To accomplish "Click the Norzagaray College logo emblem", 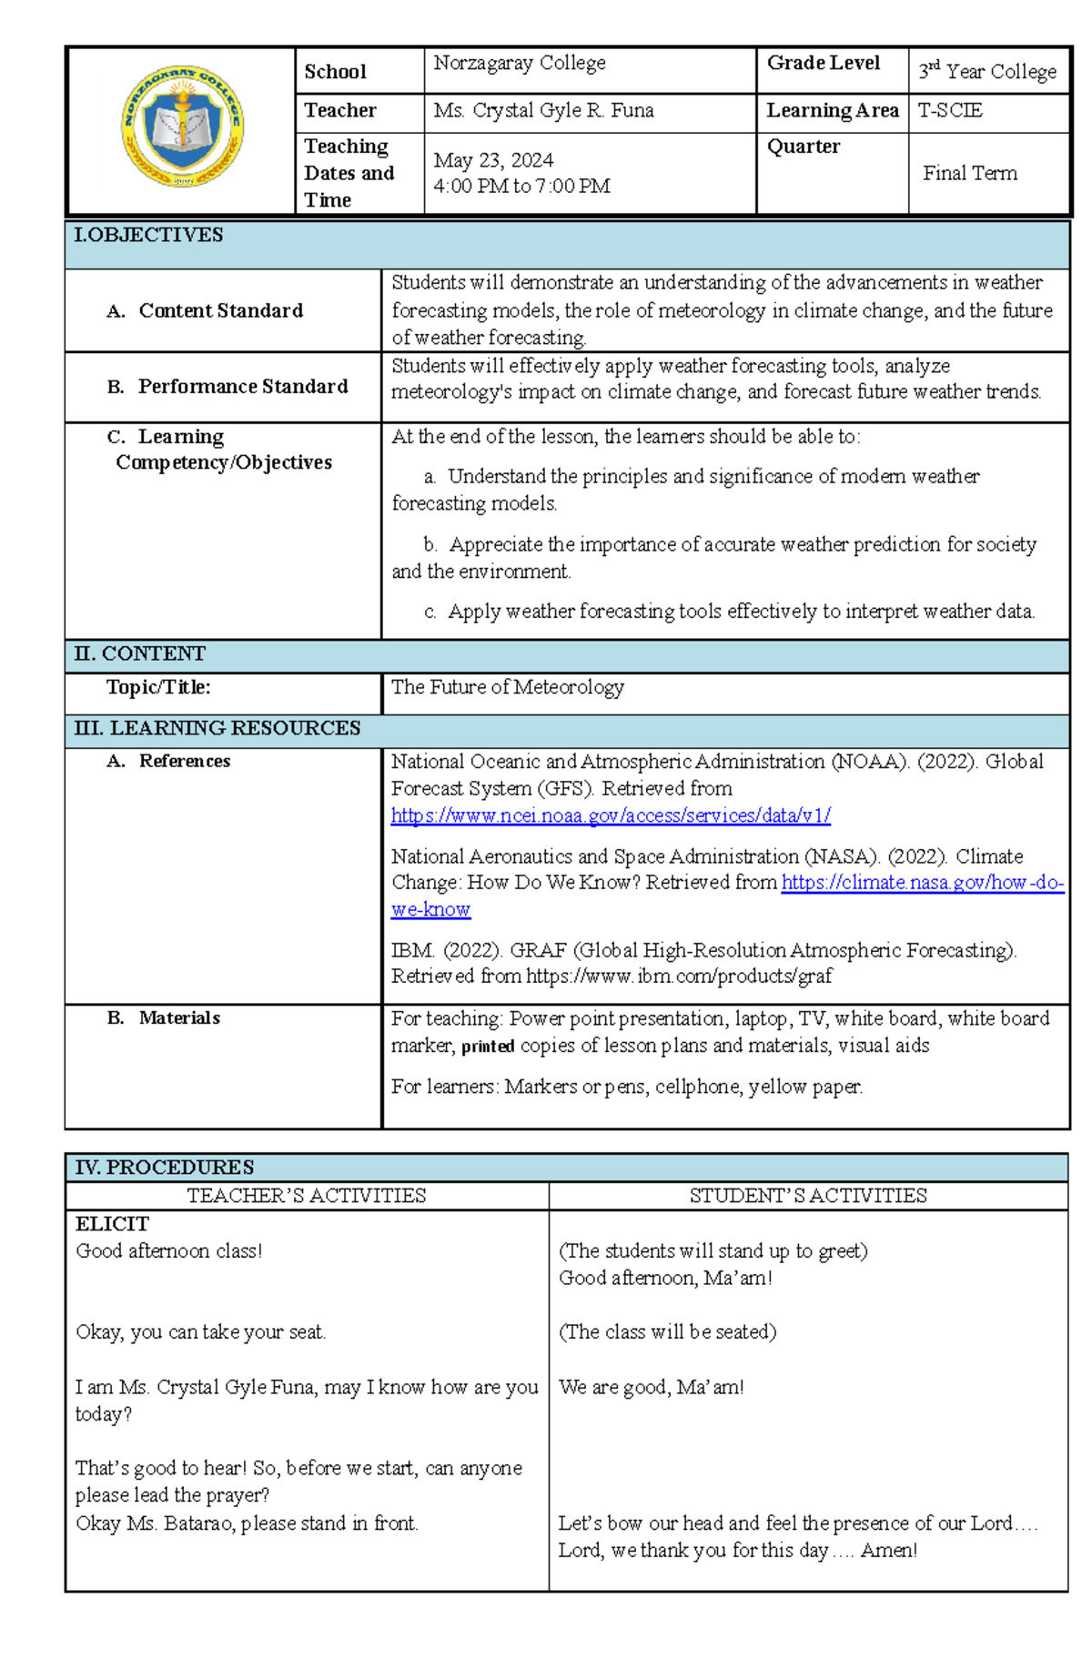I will pos(182,127).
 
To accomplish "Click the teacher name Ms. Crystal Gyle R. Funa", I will pos(543,111).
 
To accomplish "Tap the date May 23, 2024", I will pos(493,160).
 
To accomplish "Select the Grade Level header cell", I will pos(823,63).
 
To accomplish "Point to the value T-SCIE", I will pos(949,111).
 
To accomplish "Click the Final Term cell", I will pos(969,173).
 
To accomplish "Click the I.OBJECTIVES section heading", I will pos(148,236).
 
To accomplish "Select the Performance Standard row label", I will pos(242,387).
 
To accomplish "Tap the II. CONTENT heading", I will pos(139,653).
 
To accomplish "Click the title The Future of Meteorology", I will pos(507,687).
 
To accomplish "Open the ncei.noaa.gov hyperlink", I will pos(611,815).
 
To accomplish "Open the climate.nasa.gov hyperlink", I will pos(921,882).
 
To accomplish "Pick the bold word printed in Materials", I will pos(488,1047).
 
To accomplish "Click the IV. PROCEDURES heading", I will pos(164,1167).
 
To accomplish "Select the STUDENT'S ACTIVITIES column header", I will pos(807,1196).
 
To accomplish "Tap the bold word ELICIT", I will pos(112,1224).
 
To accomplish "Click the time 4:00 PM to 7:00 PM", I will pos(521,187).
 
